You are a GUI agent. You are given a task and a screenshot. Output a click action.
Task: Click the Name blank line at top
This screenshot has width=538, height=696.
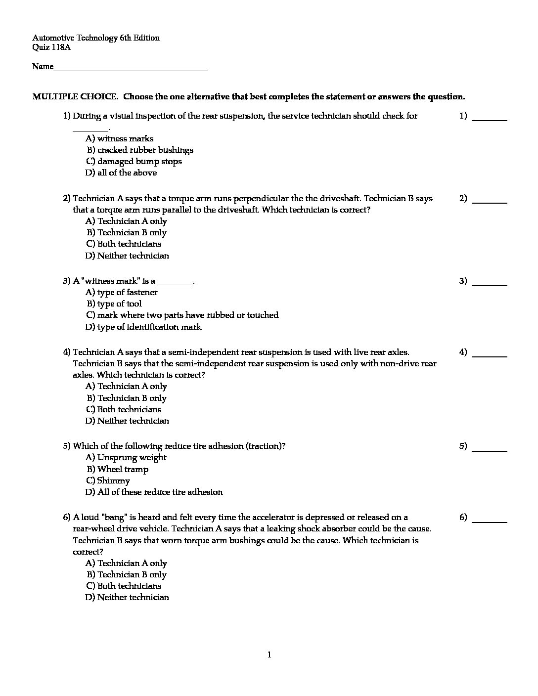pos(131,67)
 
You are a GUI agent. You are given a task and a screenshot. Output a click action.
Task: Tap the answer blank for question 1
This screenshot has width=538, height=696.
pos(490,117)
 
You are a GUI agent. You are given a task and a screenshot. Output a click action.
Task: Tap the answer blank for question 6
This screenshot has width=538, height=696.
pos(490,518)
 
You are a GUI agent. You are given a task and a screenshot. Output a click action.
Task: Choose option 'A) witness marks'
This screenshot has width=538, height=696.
pos(119,139)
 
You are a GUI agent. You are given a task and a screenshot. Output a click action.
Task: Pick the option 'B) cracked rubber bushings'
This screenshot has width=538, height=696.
pos(140,150)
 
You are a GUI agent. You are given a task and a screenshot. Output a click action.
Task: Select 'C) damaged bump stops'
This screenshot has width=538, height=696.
pos(134,162)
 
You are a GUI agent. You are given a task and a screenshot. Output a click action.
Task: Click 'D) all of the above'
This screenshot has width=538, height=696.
pos(121,173)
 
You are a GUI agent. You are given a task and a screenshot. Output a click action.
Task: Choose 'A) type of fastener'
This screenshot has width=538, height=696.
pos(121,293)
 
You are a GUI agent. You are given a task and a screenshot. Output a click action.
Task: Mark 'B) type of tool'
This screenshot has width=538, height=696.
pos(114,304)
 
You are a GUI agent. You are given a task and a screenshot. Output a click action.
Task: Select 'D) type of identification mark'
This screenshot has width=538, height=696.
pos(143,327)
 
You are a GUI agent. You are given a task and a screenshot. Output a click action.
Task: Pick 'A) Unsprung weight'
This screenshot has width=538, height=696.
pos(126,458)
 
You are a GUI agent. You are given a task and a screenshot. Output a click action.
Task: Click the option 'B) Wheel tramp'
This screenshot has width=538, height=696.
pos(118,470)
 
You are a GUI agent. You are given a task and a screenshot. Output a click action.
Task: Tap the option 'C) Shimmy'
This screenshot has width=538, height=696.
pos(108,481)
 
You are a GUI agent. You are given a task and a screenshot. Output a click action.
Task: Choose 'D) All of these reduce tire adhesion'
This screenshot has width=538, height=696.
pos(154,492)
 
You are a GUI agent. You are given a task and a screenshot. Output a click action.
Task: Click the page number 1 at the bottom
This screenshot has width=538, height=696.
pos(269,655)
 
